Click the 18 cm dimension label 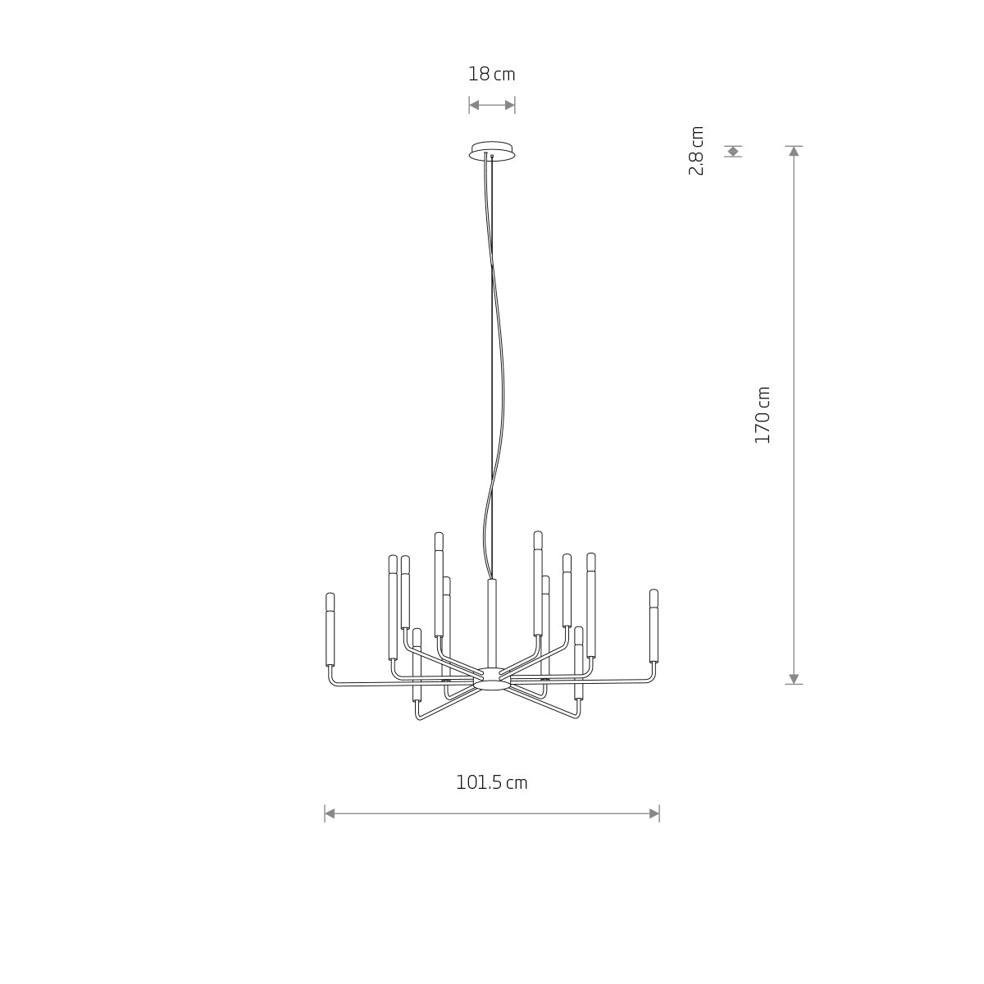click(491, 75)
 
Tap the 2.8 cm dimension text click(696, 151)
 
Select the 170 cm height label click(762, 415)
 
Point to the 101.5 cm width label click(491, 783)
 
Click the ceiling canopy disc click(492, 151)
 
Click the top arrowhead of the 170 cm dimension click(794, 151)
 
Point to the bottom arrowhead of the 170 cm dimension click(794, 679)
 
